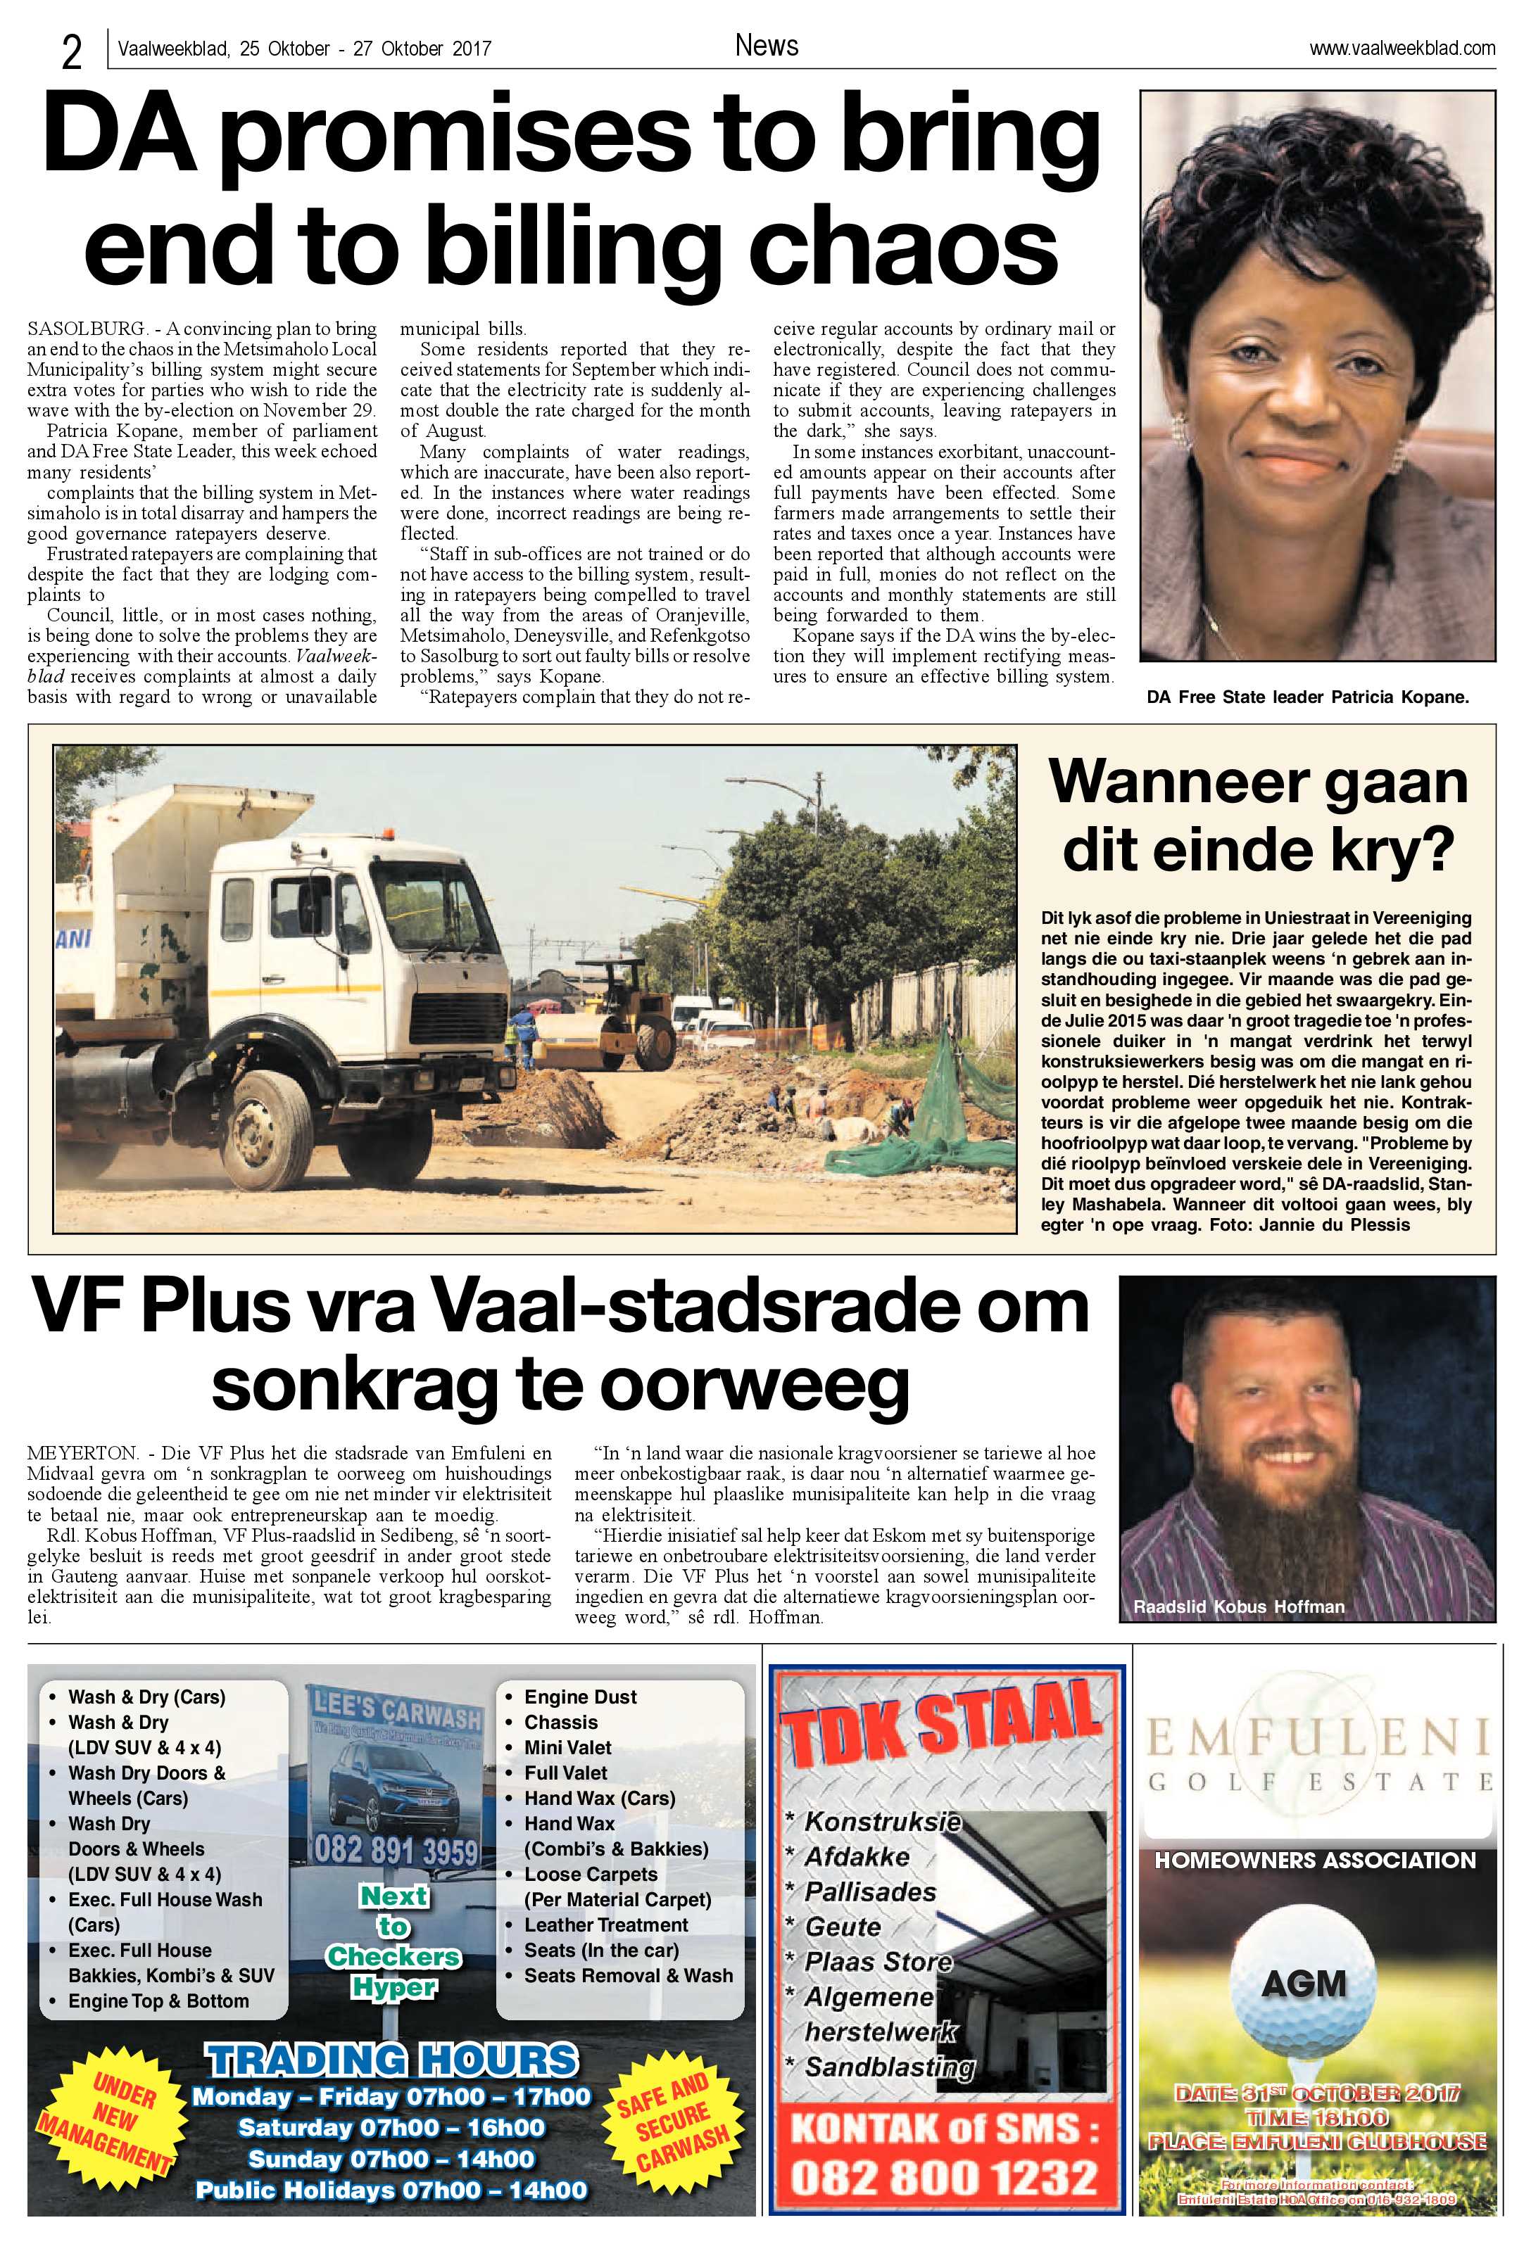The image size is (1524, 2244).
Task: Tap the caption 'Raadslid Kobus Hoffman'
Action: click(1238, 1606)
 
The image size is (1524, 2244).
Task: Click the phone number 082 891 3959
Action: click(395, 1851)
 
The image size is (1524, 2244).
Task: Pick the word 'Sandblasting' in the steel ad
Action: click(888, 2067)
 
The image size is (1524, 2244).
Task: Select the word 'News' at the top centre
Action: click(766, 45)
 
